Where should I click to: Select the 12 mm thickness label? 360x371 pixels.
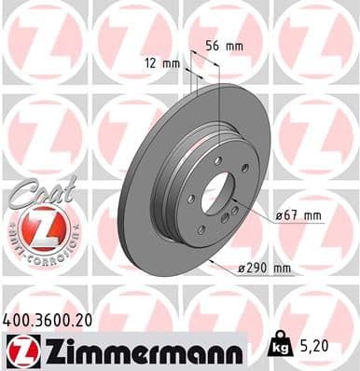coord(160,63)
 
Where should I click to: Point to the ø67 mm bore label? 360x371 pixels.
coord(298,216)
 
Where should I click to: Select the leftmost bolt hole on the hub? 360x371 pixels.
coord(190,199)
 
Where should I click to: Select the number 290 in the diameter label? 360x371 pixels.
coord(259,268)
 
